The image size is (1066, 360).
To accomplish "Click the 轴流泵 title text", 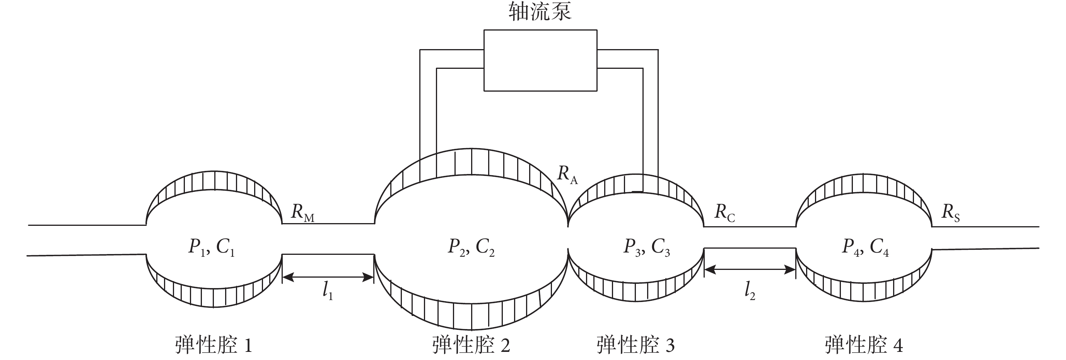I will pos(540,12).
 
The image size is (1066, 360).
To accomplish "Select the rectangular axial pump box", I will pos(540,60).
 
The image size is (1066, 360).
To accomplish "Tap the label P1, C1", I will pos(212,247).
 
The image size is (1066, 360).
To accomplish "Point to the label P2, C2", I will pos(472,247).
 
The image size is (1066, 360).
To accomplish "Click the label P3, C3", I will pos(646,247).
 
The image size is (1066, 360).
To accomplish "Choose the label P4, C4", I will pos(865,247).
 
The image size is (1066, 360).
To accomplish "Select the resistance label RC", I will pos(724,213).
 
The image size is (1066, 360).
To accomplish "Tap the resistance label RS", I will pos(951,213).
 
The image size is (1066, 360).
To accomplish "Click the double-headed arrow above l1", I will pos(328,277).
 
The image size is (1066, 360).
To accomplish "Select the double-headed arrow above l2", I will pos(750,270).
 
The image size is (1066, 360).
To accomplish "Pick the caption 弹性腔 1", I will pos(214,345).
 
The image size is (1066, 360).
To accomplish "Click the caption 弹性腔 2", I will pos(471,345).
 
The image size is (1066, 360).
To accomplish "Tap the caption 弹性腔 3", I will pos(635,345).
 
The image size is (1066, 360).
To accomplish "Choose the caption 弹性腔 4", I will pos(864,345).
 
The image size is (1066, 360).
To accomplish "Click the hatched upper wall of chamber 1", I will pos(214,181).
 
